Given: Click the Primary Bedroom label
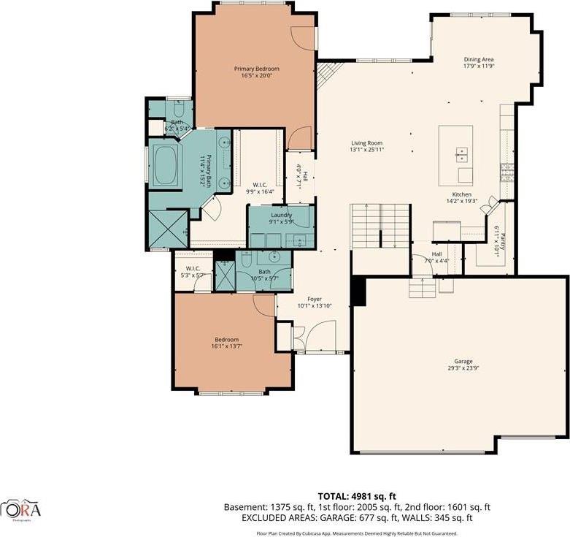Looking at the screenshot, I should (256, 69).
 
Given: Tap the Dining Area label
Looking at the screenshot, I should (480, 60).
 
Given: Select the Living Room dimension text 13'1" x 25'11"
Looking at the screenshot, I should (366, 151).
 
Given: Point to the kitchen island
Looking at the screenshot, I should (455, 156).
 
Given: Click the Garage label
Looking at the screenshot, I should (463, 361).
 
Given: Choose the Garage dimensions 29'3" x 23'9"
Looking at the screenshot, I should (463, 368).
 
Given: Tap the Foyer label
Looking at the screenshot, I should (315, 298).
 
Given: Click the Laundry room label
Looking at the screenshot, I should (281, 215).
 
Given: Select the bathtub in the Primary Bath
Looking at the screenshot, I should (167, 167).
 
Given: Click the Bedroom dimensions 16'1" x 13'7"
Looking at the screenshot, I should (226, 346).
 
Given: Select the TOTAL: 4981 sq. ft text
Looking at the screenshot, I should (357, 496).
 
